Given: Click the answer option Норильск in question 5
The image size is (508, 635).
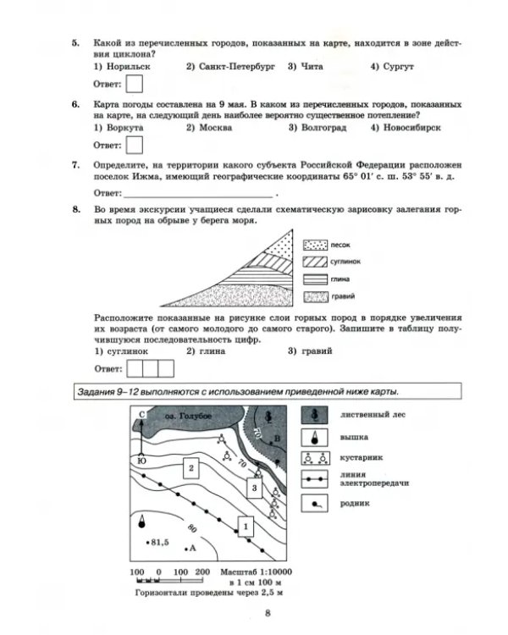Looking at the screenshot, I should tap(119, 66).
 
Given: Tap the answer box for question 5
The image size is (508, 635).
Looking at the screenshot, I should tap(135, 83).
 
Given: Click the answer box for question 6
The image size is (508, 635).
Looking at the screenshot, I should tap(135, 145).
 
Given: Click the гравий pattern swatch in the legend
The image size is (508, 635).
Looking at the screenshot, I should tap(315, 296).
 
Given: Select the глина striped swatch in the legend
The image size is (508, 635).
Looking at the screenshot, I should tap(315, 279).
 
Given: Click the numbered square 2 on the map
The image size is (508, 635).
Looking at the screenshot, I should tap(192, 467).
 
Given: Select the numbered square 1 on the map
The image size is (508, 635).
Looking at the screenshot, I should tap(246, 526).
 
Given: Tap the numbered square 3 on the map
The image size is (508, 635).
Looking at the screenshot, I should tap(252, 488).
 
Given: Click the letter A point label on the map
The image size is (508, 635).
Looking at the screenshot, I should tap(192, 549).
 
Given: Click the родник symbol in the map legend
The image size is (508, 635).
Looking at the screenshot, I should tap(315, 505).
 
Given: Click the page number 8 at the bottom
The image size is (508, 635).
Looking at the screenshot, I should tap(268, 615).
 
